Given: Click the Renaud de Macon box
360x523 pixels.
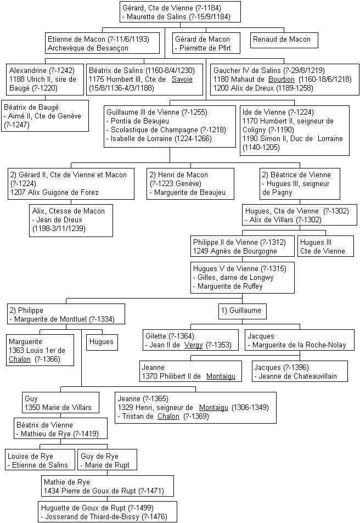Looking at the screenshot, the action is pyautogui.click(x=284, y=40).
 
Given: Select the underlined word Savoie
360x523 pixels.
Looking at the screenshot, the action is pyautogui.click(x=182, y=80).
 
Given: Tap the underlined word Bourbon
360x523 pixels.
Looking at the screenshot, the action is pyautogui.click(x=282, y=80).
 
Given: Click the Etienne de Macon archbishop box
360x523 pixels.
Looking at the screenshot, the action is pyautogui.click(x=103, y=43).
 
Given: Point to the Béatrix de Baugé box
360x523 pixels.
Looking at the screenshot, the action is pyautogui.click(x=45, y=116).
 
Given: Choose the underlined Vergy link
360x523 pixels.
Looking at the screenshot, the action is pyautogui.click(x=194, y=345).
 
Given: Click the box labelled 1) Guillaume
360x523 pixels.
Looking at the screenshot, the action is pyautogui.click(x=243, y=311).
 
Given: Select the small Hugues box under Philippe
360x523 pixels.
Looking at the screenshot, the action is pyautogui.click(x=102, y=342).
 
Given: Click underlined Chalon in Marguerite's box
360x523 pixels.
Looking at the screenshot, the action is pyautogui.click(x=20, y=359).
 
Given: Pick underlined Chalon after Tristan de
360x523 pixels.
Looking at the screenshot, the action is pyautogui.click(x=168, y=417).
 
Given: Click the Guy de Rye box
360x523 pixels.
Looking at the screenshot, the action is pyautogui.click(x=107, y=460).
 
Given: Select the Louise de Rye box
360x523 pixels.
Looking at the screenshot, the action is pyautogui.click(x=40, y=460).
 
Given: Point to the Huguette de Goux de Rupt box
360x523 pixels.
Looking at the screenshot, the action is pyautogui.click(x=108, y=511).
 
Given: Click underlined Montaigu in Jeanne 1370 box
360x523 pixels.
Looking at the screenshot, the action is pyautogui.click(x=221, y=376).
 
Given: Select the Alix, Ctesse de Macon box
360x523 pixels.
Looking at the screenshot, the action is pyautogui.click(x=71, y=221).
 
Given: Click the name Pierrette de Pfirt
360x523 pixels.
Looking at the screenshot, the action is pyautogui.click(x=205, y=48).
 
